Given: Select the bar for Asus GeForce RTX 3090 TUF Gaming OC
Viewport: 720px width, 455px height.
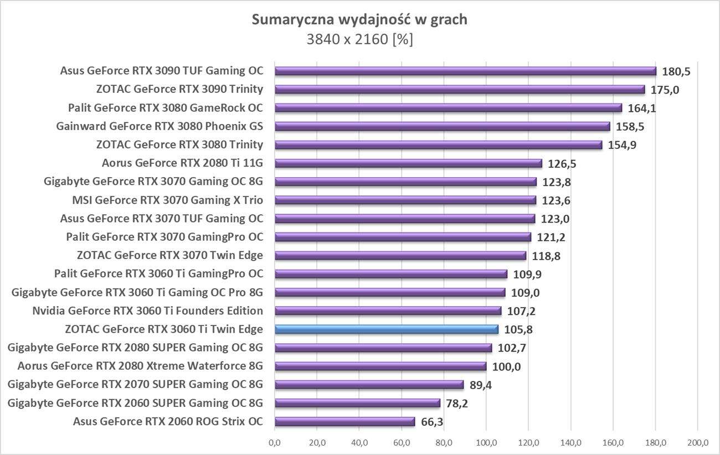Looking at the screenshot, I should [x=465, y=71].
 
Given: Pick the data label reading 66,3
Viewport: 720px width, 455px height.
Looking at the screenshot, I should [x=433, y=422].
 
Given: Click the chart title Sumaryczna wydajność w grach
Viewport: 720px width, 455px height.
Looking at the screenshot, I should [x=360, y=20].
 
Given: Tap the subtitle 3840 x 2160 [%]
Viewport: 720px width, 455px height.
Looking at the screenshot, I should [x=360, y=40].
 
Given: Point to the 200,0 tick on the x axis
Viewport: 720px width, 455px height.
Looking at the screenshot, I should [x=697, y=443].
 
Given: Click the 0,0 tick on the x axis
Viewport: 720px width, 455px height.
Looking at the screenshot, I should [x=275, y=443].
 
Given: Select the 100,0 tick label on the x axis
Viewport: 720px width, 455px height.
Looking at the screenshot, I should [x=486, y=443].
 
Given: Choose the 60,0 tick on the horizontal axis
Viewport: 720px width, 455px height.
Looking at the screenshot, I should [x=402, y=443].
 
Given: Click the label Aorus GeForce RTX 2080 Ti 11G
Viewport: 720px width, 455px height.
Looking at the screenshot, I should [x=182, y=163].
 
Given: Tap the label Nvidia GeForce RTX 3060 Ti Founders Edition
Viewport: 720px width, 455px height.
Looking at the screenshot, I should [x=147, y=311].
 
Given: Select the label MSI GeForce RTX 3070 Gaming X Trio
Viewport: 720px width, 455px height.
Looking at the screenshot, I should [x=167, y=200].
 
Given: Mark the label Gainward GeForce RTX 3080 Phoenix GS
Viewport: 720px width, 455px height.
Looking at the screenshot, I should [x=160, y=126].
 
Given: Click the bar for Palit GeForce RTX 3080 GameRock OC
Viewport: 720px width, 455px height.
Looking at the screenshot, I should [x=448, y=108].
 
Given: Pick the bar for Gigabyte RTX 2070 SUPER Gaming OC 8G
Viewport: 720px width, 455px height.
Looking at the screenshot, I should [x=369, y=385].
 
